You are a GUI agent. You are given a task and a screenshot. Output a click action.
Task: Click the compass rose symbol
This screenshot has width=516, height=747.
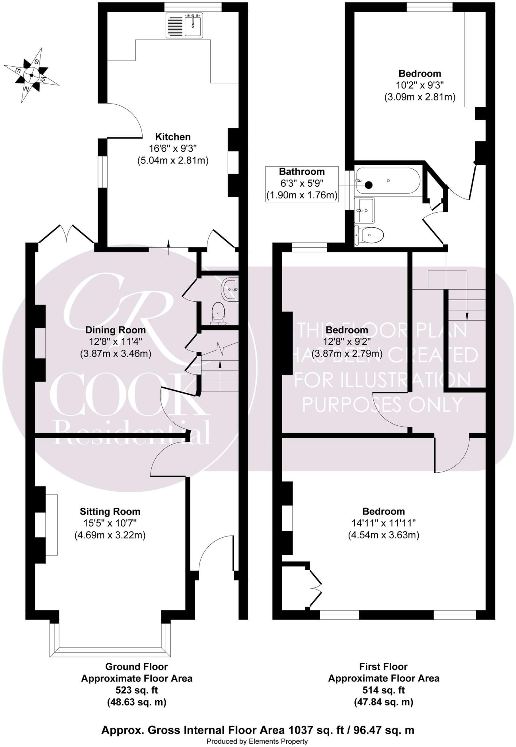coord(31,75)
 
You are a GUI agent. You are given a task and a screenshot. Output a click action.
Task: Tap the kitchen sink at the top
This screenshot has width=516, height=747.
coord(185,25)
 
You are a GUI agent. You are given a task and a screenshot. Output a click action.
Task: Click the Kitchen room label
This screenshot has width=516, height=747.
coord(173,137)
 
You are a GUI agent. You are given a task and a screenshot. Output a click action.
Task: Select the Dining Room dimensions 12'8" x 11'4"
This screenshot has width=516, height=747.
coord(115,342)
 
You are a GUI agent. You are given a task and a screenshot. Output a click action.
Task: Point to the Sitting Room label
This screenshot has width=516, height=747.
coord(110,511)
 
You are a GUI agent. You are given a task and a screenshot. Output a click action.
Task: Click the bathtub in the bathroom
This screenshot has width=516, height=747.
coord(388,181)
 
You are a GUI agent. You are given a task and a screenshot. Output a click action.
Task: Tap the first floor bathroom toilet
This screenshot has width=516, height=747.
coord(369,235)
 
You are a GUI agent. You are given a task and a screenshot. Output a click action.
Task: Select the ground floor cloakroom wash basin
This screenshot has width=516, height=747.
coord(230,289)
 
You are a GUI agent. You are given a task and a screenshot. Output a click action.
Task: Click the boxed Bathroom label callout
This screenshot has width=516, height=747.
coord(302,184)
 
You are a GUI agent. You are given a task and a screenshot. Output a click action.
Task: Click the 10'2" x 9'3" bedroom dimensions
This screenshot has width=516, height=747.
coord(420,85)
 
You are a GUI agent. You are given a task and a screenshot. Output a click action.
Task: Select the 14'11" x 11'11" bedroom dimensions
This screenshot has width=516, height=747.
coord(384,523)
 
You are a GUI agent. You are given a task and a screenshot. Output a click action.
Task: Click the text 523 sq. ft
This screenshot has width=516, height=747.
coord(136,690)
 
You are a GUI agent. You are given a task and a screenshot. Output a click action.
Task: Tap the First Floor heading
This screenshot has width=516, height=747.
coord(383,666)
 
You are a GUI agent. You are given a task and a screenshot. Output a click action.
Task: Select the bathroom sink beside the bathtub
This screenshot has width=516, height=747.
coord(366,210)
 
